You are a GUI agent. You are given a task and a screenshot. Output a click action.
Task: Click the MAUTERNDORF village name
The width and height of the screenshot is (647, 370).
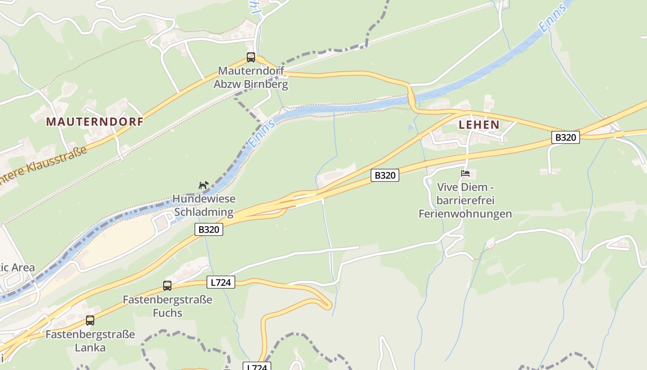click(95, 122)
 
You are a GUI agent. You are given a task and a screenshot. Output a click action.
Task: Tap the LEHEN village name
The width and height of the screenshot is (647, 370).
click(479, 124)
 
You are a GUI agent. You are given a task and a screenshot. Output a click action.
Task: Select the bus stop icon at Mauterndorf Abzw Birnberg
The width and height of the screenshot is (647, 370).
click(251, 57)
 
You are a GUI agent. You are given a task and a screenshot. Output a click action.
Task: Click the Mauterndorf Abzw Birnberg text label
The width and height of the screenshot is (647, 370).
click(251, 78)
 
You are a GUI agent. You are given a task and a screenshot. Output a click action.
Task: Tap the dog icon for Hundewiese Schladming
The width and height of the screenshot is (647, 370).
click(203, 185)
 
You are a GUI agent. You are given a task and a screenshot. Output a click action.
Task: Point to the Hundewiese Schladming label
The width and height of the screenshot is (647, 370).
click(204, 206)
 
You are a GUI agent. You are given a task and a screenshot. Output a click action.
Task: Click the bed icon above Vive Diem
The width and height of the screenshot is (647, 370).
click(465, 174)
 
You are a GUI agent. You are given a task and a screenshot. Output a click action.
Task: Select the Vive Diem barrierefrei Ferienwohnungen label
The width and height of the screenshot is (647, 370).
click(465, 201)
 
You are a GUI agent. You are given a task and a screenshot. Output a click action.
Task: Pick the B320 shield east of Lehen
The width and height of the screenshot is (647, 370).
click(565, 137)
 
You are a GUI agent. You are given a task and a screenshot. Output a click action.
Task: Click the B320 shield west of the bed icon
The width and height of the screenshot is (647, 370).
click(385, 175)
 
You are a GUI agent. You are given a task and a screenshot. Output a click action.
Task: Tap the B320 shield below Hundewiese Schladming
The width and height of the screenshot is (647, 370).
click(209, 229)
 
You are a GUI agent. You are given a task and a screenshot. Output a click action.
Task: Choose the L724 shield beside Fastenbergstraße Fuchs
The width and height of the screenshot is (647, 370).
click(220, 282)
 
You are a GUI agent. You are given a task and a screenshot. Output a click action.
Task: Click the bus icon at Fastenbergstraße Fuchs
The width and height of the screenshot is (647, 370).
click(167, 286)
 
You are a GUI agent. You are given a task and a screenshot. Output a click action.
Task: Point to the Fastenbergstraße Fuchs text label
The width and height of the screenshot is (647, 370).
click(167, 306)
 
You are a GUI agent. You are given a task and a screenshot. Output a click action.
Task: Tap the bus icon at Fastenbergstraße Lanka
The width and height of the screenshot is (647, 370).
click(90, 320)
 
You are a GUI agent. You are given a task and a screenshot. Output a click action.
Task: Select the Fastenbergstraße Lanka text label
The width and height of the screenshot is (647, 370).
click(90, 340)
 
